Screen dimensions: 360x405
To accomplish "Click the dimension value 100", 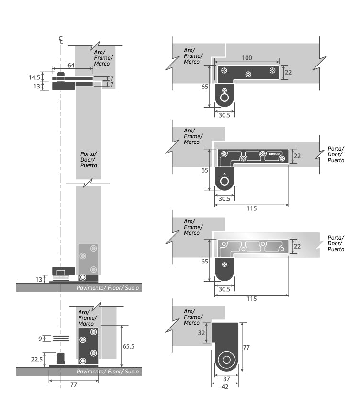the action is point(247,58).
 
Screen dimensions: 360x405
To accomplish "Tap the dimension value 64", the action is point(71,66).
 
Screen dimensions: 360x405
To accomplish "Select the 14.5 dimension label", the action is point(34,77).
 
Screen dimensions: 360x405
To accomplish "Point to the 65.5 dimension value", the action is point(128,346).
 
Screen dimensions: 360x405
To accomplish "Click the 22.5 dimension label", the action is point(37,359).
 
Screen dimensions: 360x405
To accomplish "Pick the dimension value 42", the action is point(225,387).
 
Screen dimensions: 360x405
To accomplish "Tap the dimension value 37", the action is point(226,379).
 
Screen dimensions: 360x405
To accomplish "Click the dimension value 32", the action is point(202,333).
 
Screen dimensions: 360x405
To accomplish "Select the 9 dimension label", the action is point(40,339).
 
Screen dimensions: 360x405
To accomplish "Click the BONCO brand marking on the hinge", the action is point(274,154).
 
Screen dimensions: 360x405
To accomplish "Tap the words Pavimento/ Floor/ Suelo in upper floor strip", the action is point(108,288).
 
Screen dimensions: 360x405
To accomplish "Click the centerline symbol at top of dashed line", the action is point(61,40).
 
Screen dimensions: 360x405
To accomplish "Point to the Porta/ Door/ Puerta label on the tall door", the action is point(89,160).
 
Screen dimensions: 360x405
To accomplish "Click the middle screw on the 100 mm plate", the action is point(248,75).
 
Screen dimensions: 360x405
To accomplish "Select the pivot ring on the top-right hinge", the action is point(224,98).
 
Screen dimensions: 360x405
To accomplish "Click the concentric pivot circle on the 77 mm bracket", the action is point(226,360).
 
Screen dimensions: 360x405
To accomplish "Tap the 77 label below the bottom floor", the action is point(74,384).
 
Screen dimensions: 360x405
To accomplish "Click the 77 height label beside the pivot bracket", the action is point(247,348).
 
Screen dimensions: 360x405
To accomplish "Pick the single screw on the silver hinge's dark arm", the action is point(225,264).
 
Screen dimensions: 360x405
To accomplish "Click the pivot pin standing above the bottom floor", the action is point(61,359).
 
